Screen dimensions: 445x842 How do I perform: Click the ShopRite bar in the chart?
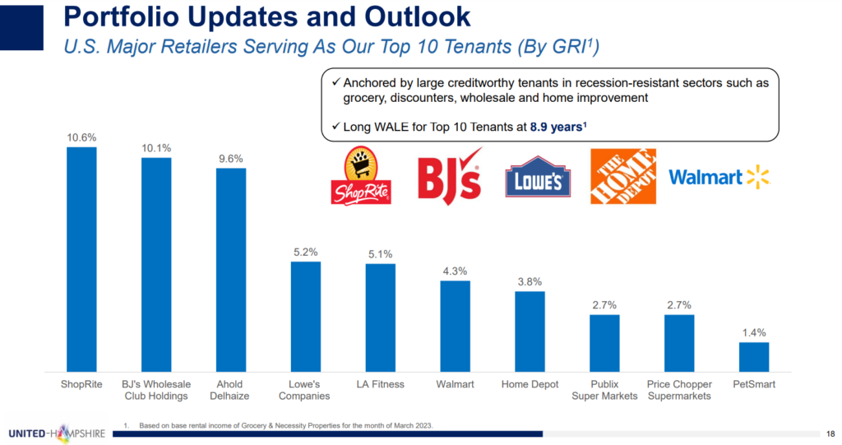coord(81,259)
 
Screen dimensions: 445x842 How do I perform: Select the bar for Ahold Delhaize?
coord(231,269)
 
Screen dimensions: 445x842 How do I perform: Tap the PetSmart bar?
coord(754,356)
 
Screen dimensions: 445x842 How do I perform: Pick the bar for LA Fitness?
coord(381,317)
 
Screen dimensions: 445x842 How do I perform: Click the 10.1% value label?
coord(156,148)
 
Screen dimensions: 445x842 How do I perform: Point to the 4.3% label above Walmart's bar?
coord(456,271)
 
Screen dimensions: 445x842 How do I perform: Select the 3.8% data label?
coord(530,281)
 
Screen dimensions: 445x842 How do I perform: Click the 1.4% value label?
coord(754,333)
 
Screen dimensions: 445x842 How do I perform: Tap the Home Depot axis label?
coord(530,384)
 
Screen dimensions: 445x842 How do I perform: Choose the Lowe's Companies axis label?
coord(306,390)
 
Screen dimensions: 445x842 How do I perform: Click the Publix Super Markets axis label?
coord(605,390)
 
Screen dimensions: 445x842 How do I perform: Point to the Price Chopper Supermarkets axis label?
coord(680,390)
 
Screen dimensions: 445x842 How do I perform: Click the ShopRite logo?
coord(361,176)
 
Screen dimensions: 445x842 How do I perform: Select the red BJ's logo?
coord(449,177)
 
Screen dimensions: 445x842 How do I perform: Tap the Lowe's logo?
coord(538,178)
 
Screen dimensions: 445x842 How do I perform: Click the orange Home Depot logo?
coord(623,176)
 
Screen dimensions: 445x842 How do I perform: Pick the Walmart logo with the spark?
coord(718,177)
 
